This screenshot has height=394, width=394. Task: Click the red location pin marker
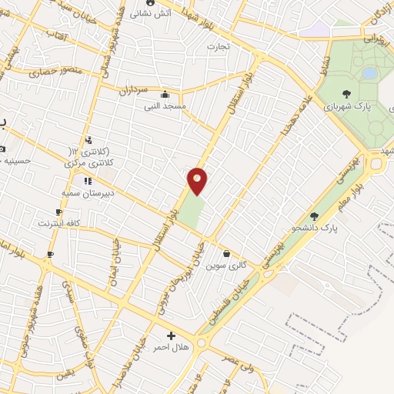(198, 180)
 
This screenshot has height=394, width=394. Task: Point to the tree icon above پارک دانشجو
(313, 216)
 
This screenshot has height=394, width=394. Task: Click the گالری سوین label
(232, 265)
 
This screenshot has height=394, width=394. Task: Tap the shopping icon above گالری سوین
(226, 253)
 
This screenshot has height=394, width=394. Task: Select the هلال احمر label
(170, 348)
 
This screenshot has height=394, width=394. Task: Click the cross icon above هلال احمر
(171, 336)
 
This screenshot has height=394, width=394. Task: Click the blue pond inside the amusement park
(370, 74)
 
